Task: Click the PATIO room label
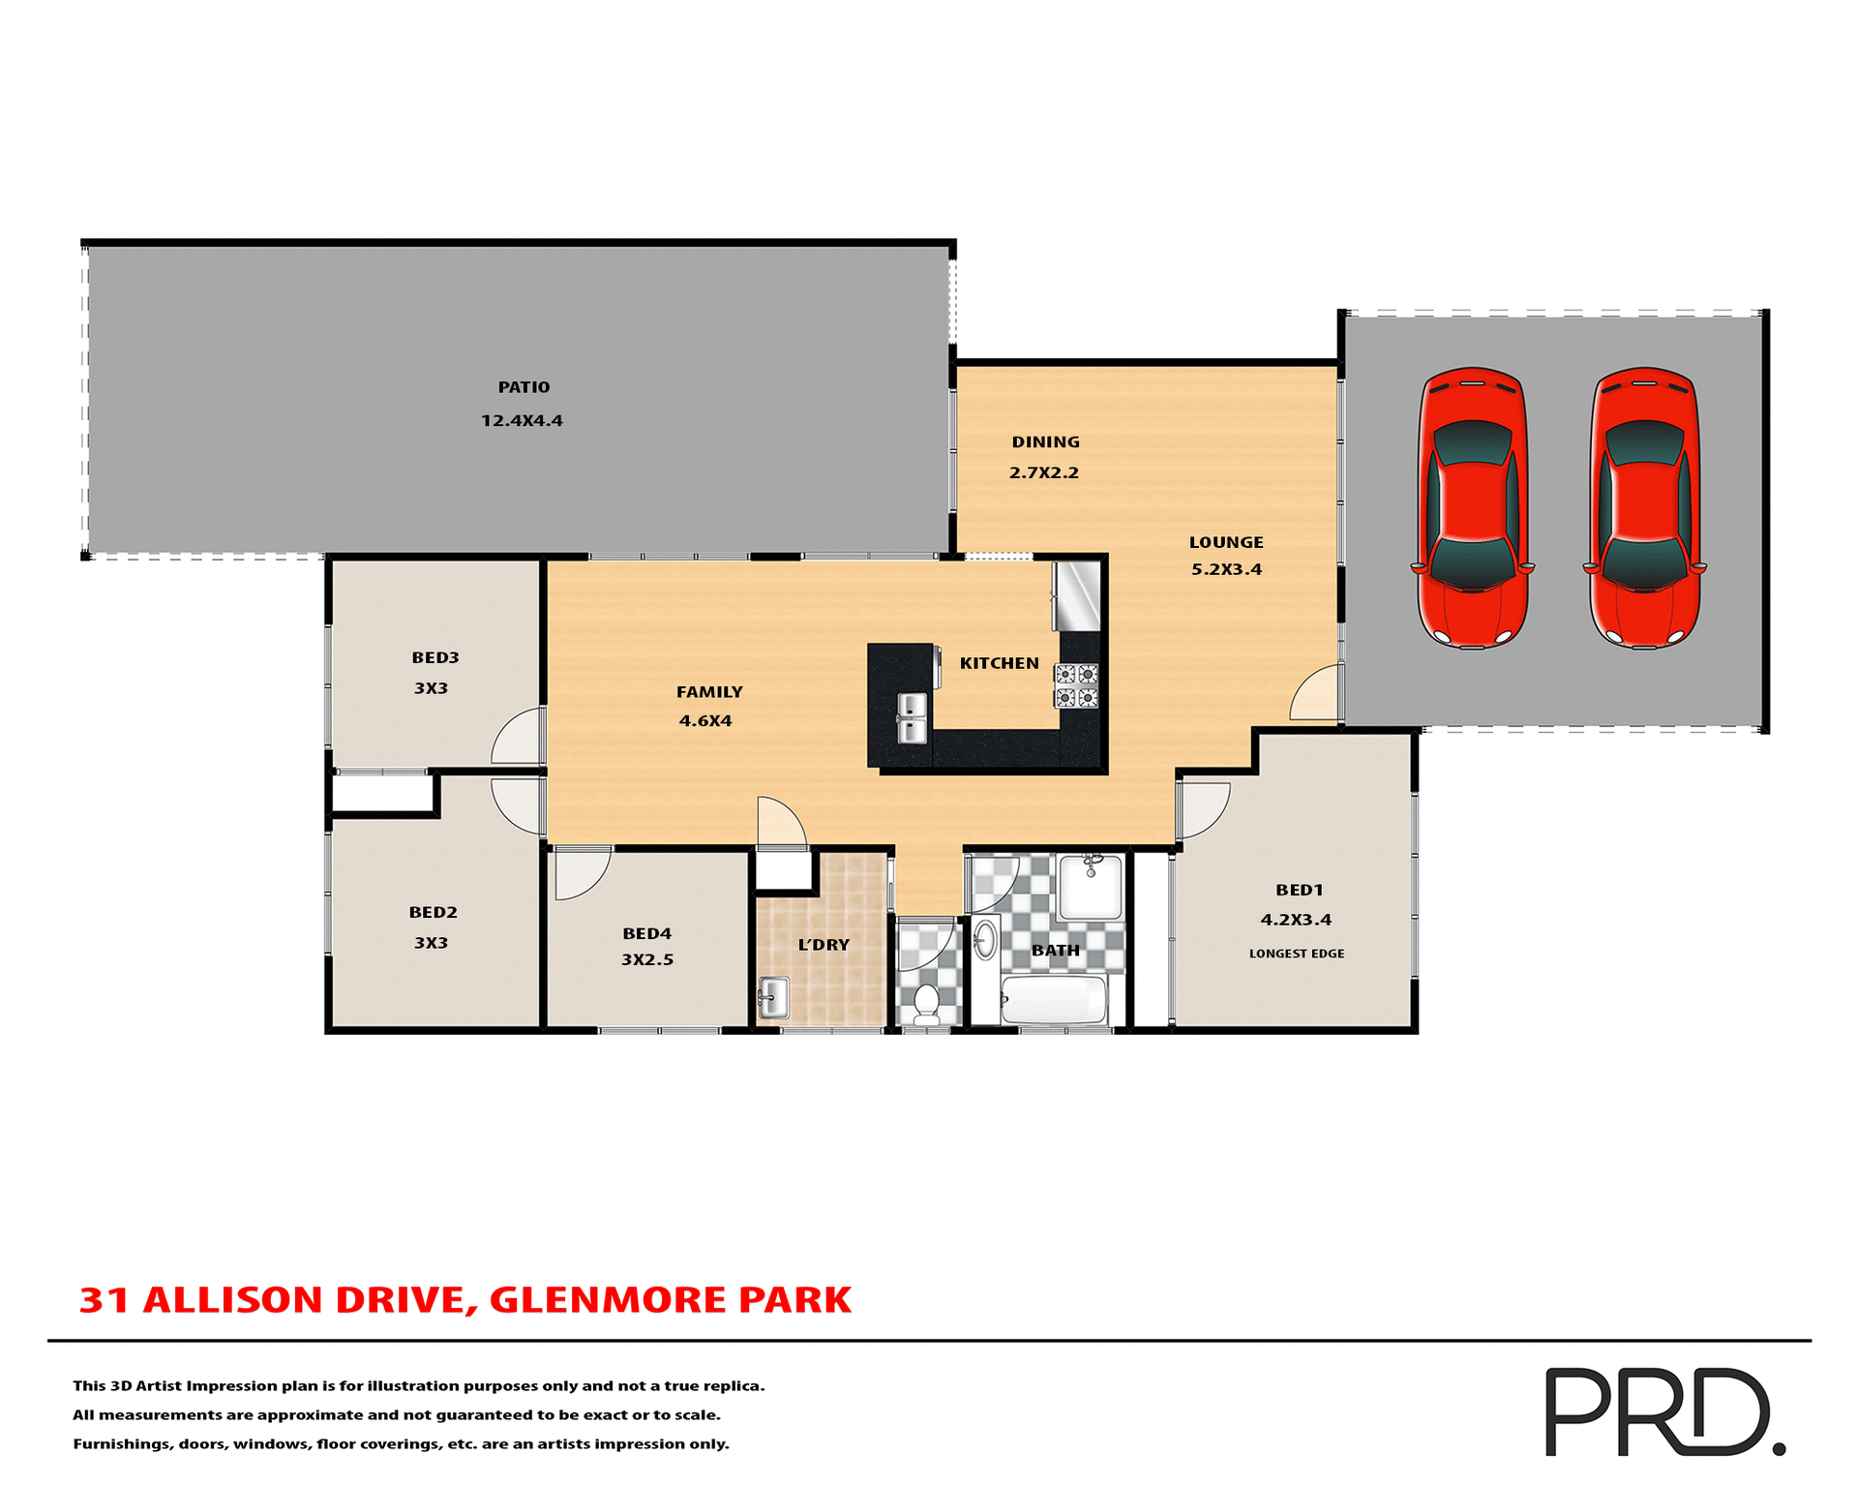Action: click(x=524, y=387)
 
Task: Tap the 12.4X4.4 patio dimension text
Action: click(x=522, y=421)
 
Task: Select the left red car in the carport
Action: click(x=1472, y=507)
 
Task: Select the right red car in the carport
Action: click(x=1644, y=507)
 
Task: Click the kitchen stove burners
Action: click(x=1076, y=685)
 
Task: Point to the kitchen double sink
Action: click(x=912, y=718)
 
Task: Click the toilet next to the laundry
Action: click(x=926, y=1004)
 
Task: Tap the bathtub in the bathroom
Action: click(x=1054, y=1000)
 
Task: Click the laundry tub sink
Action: click(x=773, y=997)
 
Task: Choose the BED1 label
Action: click(x=1299, y=890)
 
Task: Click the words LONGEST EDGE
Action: click(x=1296, y=954)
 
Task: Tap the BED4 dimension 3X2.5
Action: click(x=647, y=960)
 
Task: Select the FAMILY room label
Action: click(x=709, y=692)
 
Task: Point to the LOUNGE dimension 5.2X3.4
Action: click(x=1226, y=569)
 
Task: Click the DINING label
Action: click(x=1045, y=442)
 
